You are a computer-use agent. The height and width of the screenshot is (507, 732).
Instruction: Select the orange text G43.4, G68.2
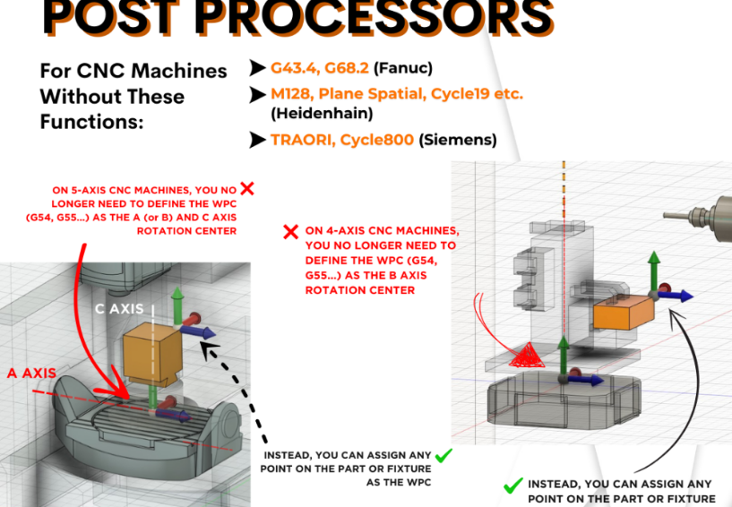[320, 68]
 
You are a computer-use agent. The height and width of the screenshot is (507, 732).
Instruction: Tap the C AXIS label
[119, 309]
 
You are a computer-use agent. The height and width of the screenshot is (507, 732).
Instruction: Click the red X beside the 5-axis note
[248, 189]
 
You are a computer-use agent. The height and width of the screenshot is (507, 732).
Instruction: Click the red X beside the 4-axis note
[290, 232]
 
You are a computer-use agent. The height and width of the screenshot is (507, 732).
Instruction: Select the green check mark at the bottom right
[512, 486]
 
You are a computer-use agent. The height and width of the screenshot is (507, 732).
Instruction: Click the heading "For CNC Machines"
[133, 71]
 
